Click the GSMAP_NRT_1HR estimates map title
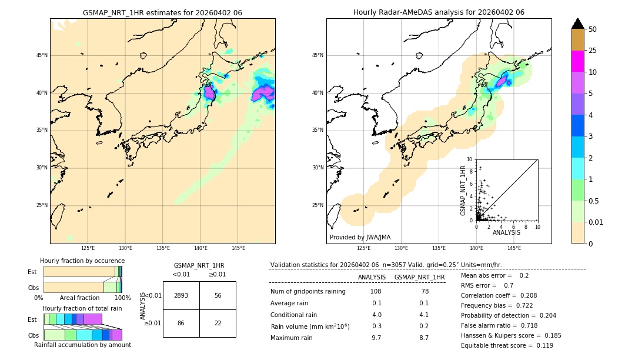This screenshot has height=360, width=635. [162, 12]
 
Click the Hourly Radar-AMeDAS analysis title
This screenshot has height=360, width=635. [439, 12]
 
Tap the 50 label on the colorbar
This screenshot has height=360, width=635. [593, 29]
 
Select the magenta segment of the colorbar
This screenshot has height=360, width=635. [577, 61]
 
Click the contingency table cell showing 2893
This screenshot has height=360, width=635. [181, 296]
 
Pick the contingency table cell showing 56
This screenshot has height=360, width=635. [218, 296]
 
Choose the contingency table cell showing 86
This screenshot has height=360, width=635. [181, 324]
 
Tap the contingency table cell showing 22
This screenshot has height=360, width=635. [218, 324]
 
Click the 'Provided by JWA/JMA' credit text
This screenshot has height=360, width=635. [360, 238]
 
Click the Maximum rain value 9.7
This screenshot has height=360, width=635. [376, 338]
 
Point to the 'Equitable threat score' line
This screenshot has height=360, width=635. [507, 346]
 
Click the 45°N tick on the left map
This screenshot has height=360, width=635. [42, 55]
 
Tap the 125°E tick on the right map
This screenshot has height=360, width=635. [364, 248]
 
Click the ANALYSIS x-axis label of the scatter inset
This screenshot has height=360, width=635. [506, 232]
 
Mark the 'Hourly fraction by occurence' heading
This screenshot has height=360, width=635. [82, 261]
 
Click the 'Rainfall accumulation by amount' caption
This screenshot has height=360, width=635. [82, 345]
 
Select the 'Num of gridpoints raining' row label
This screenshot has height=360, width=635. [308, 292]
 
